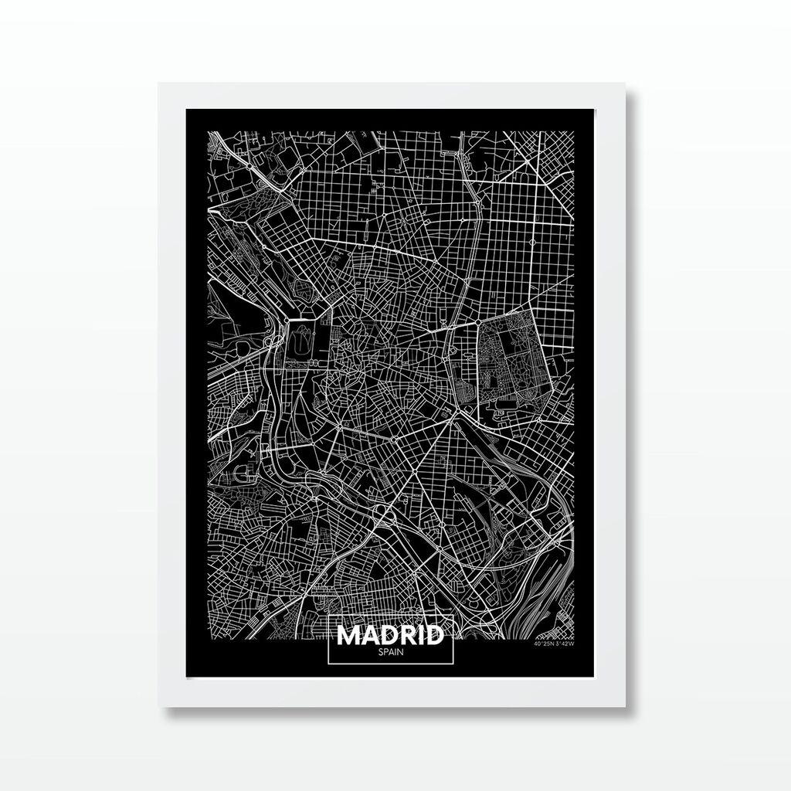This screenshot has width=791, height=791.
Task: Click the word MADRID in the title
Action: pyautogui.click(x=390, y=635)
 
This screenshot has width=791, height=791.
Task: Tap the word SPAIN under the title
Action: pyautogui.click(x=390, y=652)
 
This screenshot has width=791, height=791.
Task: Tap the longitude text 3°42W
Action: pyautogui.click(x=564, y=644)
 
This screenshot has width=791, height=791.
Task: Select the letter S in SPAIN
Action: pyautogui.click(x=381, y=652)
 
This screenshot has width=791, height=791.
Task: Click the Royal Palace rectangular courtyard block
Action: pyautogui.click(x=299, y=340)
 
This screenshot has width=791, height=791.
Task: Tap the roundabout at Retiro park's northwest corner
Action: pyautogui.click(x=479, y=319)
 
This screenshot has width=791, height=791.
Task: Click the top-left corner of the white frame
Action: pyautogui.click(x=160, y=83)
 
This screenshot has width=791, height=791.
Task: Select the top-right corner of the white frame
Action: pyautogui.click(x=625, y=83)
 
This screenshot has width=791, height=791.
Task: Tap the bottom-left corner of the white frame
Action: pyautogui.click(x=160, y=706)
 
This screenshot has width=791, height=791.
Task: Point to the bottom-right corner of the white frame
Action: pyautogui.click(x=625, y=706)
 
